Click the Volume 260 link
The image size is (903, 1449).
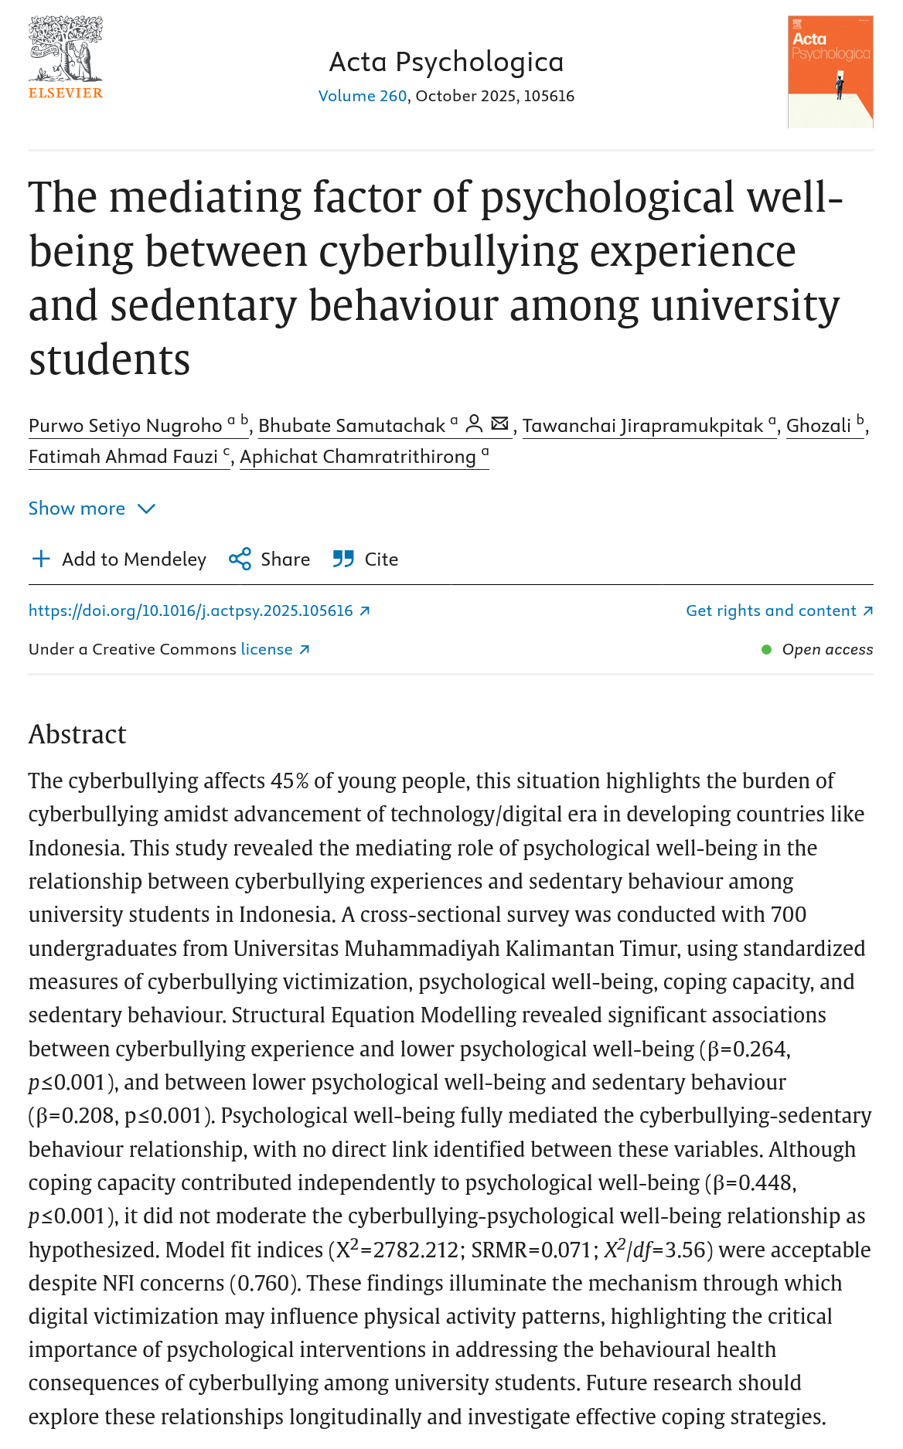363,96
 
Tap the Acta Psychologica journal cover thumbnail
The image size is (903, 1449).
830,72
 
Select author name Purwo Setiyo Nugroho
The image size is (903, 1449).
125,426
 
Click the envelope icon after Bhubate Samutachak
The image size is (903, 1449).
500,423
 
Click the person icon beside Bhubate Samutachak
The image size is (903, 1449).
475,423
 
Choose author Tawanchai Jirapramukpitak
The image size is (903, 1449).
643,426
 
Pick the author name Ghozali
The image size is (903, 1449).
819,426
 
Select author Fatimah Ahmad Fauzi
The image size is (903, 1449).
124,457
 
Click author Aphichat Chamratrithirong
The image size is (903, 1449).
358,457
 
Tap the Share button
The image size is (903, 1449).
270,560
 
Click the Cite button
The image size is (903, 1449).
366,560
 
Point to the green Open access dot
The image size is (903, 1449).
766,649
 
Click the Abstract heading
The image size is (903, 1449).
77,734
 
